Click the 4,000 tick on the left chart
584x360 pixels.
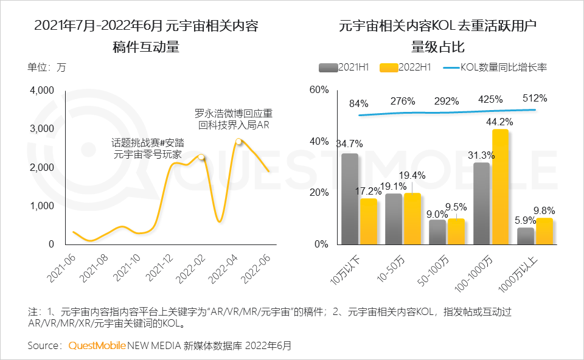(x=42, y=91)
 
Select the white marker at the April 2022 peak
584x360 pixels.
(x=238, y=142)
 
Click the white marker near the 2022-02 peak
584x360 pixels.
(x=202, y=157)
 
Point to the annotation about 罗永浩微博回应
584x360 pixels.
(x=233, y=119)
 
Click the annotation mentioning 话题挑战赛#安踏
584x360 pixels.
(x=148, y=148)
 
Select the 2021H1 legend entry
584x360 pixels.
(x=345, y=67)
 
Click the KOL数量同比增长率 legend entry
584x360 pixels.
(x=496, y=67)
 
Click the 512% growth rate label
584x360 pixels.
(x=535, y=98)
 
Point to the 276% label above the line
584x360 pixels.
(x=403, y=101)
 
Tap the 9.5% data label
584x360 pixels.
(x=460, y=207)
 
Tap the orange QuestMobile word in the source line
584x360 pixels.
(x=97, y=345)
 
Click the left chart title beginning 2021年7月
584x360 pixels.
(x=146, y=26)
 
